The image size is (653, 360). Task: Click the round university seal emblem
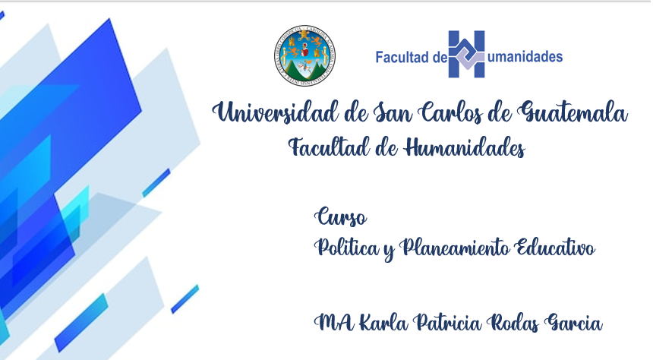304,56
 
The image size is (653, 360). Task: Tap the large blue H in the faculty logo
466,54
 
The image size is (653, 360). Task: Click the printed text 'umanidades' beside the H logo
525,57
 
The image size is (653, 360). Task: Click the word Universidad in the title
275,112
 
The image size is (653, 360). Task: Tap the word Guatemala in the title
573,113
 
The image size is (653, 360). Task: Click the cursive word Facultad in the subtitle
329,147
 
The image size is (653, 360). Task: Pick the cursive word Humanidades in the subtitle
465,147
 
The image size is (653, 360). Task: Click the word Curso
341,217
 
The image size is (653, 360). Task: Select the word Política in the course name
347,248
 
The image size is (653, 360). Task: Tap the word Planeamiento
454,248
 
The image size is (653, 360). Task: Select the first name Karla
383,323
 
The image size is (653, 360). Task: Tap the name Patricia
447,323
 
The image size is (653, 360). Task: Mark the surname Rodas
513,323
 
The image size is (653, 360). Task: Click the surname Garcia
574,323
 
